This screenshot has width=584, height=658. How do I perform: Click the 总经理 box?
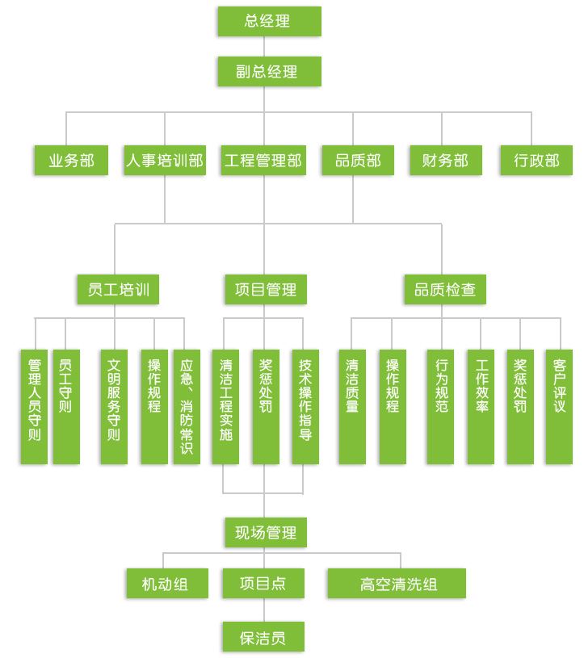(269, 22)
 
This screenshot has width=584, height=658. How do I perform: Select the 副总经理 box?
(269, 71)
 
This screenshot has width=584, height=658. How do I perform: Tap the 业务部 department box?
(71, 161)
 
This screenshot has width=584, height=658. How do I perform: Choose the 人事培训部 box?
(165, 161)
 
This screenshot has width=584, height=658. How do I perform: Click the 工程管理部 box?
(263, 161)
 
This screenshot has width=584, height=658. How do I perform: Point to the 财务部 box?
(445, 161)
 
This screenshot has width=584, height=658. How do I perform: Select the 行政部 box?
(536, 161)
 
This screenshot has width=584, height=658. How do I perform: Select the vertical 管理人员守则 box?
(34, 406)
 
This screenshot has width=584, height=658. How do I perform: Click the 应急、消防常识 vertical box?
(187, 406)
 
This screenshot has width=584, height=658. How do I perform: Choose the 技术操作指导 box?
(305, 406)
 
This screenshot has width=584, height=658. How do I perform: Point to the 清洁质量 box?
(352, 406)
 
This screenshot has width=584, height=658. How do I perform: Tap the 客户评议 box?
(559, 406)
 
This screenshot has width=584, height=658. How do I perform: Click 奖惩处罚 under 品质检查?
(520, 406)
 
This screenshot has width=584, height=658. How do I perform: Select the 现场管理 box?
(266, 533)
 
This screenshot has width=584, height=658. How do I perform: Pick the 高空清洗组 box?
(397, 584)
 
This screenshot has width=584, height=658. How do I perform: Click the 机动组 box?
(167, 584)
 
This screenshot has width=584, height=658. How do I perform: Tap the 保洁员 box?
(263, 637)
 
